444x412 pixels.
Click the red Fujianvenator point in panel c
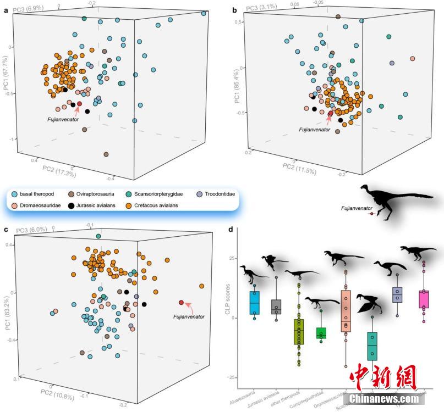click(182, 303)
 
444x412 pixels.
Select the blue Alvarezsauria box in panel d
click(254, 303)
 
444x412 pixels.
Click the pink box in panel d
click(424, 299)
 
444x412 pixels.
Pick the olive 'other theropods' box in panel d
click(299, 331)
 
